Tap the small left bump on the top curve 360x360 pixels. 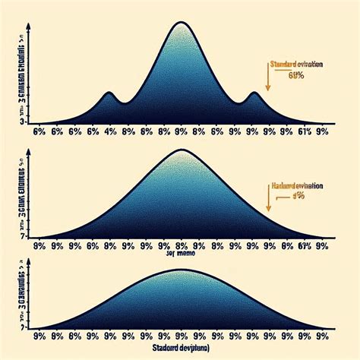pyautogui.click(x=109, y=93)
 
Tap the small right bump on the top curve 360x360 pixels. pyautogui.click(x=253, y=94)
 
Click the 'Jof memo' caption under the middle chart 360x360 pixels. pyautogui.click(x=181, y=256)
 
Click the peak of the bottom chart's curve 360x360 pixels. pyautogui.click(x=182, y=271)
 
